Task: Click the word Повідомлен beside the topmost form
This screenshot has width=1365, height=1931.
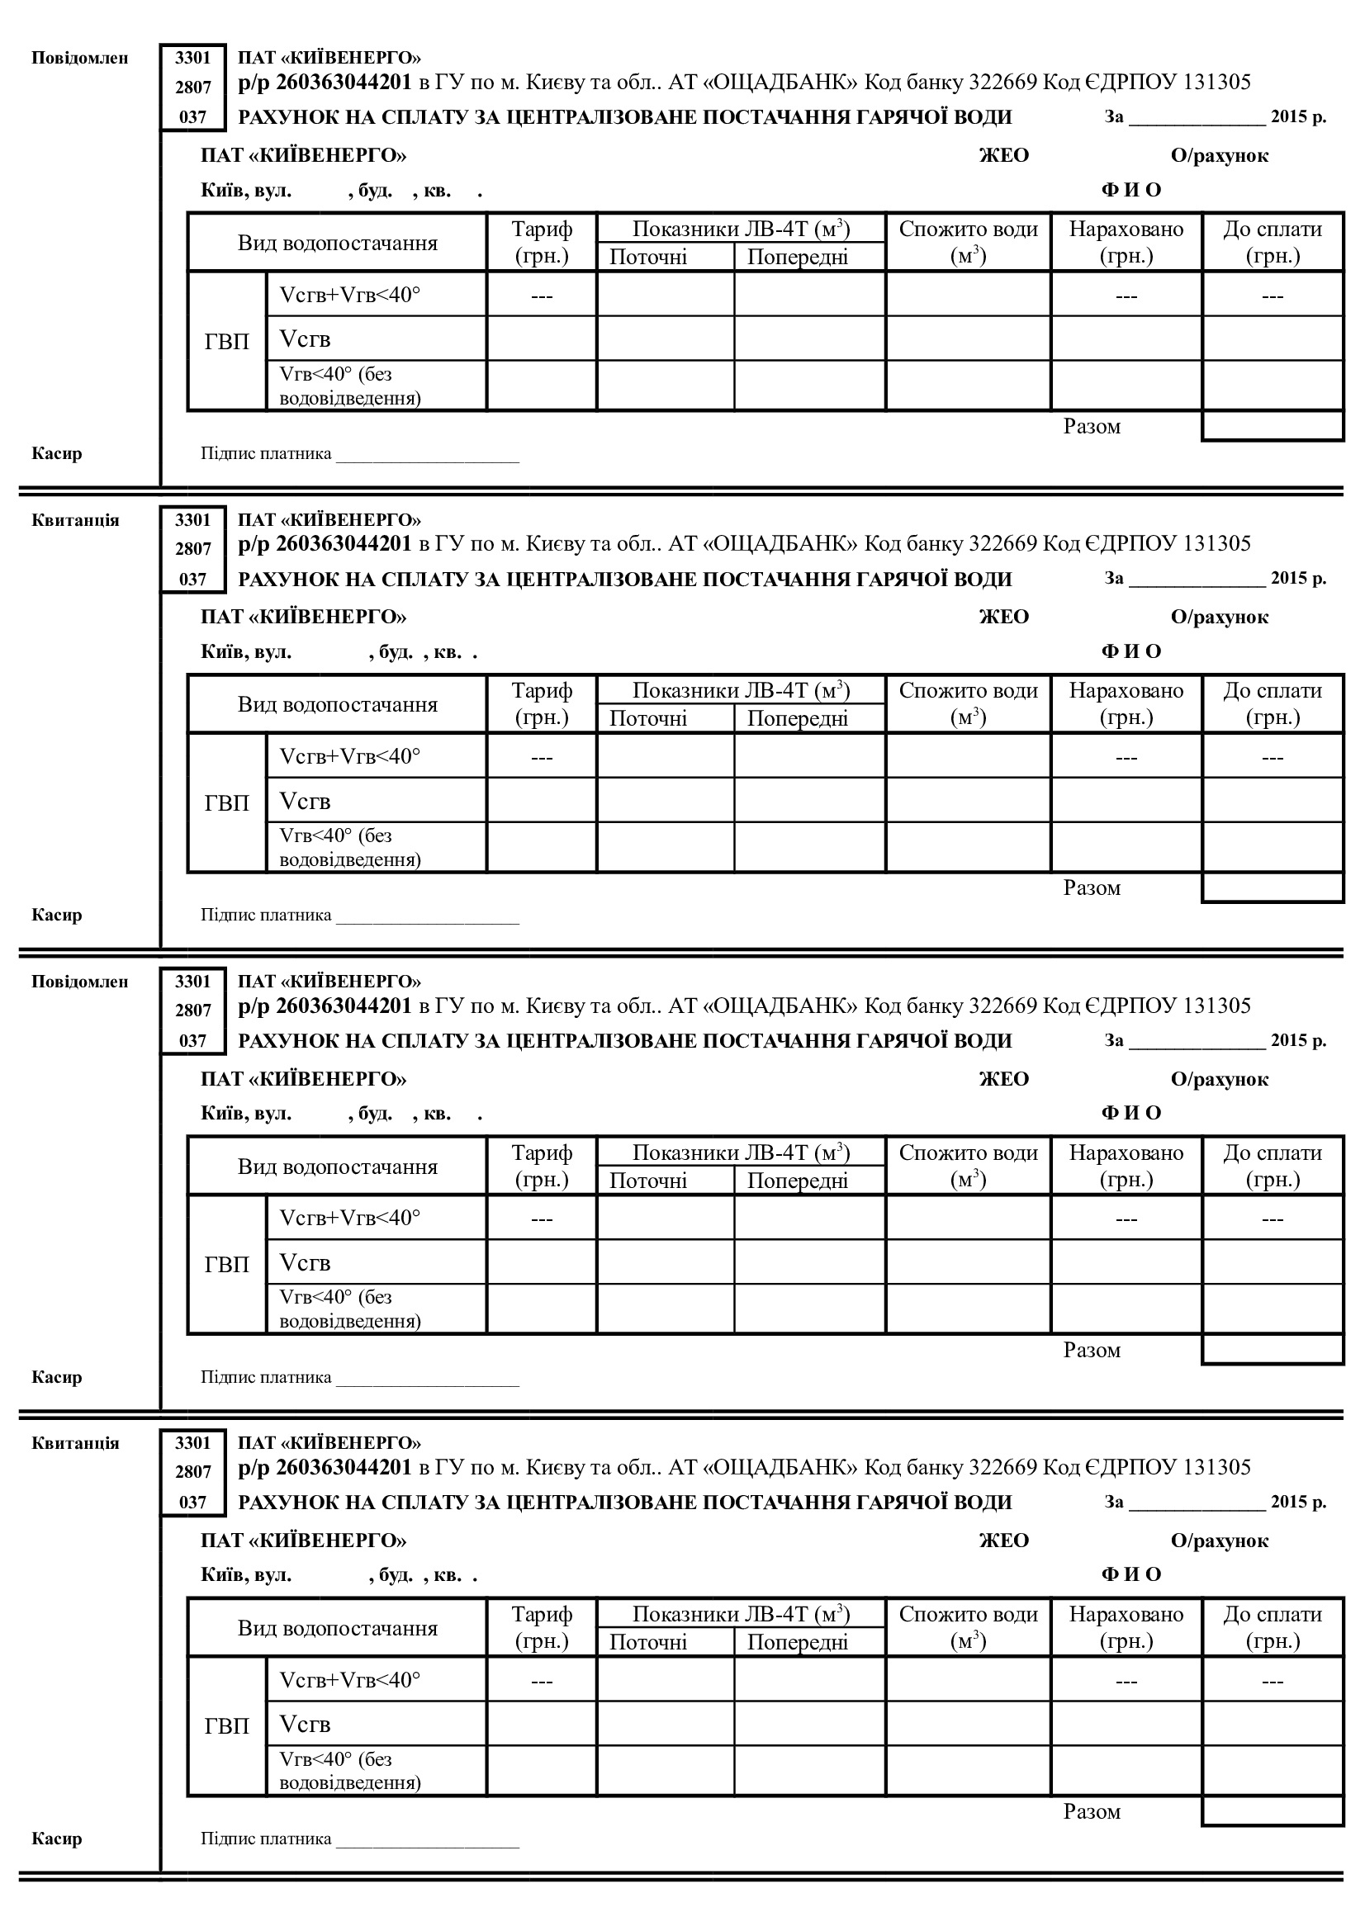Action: pyautogui.click(x=80, y=58)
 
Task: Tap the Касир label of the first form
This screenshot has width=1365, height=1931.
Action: pyautogui.click(x=56, y=453)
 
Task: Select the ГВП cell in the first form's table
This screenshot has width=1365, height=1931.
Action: pyautogui.click(x=227, y=341)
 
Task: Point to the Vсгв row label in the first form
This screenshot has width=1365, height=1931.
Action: pyautogui.click(x=306, y=339)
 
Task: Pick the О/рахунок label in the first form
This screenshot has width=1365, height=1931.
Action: pyautogui.click(x=1219, y=155)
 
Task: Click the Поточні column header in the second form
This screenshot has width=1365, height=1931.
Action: pyautogui.click(x=647, y=718)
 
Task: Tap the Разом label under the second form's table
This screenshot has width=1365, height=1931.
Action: pyautogui.click(x=1092, y=888)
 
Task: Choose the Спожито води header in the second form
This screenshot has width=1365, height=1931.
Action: pyautogui.click(x=968, y=691)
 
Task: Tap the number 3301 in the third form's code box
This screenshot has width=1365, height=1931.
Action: pyautogui.click(x=192, y=982)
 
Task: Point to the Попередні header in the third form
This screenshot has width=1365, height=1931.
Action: pyautogui.click(x=798, y=1180)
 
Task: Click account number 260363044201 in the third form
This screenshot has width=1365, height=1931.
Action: pyautogui.click(x=344, y=1005)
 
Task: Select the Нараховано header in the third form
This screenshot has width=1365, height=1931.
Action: pyautogui.click(x=1126, y=1153)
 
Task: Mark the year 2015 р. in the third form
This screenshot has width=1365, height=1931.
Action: pyautogui.click(x=1298, y=1040)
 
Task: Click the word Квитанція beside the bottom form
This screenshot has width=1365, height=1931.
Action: pyautogui.click(x=76, y=1443)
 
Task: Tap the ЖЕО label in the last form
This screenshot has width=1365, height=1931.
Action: pyautogui.click(x=1003, y=1541)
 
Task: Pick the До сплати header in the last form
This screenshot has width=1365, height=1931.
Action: pyautogui.click(x=1273, y=1615)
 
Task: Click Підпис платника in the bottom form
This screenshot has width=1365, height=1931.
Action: pyautogui.click(x=266, y=1839)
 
